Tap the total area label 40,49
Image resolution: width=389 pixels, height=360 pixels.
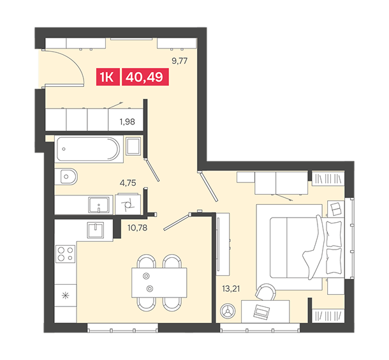click(x=145, y=77)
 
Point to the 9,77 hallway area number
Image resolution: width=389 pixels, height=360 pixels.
click(x=180, y=61)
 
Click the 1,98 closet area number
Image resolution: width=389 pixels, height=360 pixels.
click(x=128, y=122)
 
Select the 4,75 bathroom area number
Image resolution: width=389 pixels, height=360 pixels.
click(x=128, y=183)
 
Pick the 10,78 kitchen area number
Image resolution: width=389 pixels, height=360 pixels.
click(x=138, y=227)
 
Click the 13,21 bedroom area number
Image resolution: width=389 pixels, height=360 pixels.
click(x=231, y=289)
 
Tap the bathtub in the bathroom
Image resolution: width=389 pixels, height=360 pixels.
click(x=88, y=149)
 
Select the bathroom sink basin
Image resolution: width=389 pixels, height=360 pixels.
click(x=99, y=205)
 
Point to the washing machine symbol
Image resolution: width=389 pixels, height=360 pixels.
click(x=128, y=204)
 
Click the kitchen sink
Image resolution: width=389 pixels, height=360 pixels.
click(x=96, y=230)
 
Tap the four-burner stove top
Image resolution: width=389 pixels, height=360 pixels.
click(x=65, y=254)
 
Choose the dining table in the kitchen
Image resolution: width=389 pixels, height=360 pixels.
click(x=159, y=283)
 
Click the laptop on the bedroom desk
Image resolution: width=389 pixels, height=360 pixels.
click(x=261, y=311)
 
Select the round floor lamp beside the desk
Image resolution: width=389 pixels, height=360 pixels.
click(x=228, y=311)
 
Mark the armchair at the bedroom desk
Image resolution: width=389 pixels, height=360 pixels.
click(x=266, y=292)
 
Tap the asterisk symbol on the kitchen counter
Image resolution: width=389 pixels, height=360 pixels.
click(x=66, y=296)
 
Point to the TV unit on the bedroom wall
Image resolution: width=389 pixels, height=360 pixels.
click(x=223, y=244)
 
